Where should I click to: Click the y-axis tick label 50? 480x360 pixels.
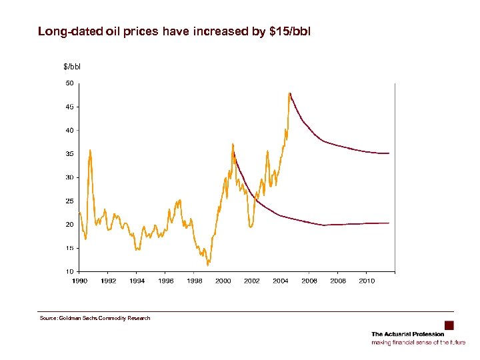[69, 83]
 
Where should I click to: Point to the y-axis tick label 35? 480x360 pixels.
[69, 154]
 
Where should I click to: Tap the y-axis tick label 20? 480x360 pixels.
[69, 225]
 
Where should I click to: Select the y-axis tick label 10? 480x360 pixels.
[69, 271]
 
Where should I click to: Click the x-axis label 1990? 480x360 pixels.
[80, 281]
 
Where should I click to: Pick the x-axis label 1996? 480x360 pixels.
[166, 281]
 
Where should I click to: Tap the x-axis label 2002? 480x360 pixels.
[252, 281]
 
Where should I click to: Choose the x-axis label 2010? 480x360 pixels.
[367, 281]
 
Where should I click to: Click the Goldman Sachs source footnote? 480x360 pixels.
[95, 318]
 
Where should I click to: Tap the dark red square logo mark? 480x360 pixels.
[449, 325]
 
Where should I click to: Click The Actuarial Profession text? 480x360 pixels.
[407, 334]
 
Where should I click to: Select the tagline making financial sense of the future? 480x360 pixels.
[419, 342]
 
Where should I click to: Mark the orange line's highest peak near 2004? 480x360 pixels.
[289, 93]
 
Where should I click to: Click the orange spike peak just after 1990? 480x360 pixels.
[90, 150]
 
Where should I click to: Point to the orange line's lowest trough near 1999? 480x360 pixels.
[208, 265]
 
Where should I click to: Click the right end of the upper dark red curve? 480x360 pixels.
[389, 153]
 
